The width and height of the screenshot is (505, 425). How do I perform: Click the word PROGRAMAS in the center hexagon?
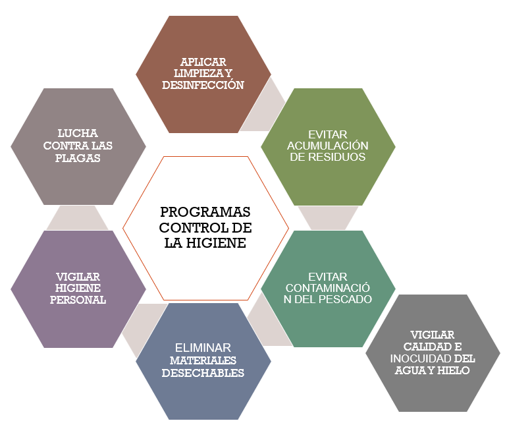[205, 212]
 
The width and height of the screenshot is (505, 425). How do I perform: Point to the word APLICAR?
[203, 62]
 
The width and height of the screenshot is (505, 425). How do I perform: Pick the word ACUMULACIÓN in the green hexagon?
[327, 146]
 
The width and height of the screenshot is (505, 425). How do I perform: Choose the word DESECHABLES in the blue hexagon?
[207, 373]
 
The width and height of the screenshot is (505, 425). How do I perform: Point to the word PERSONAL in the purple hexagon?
[78, 300]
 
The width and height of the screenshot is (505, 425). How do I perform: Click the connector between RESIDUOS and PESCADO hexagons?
[328, 217]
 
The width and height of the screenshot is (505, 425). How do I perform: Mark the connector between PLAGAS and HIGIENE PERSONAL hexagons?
[77, 217]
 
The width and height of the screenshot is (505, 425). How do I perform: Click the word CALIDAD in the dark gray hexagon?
[421, 347]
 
